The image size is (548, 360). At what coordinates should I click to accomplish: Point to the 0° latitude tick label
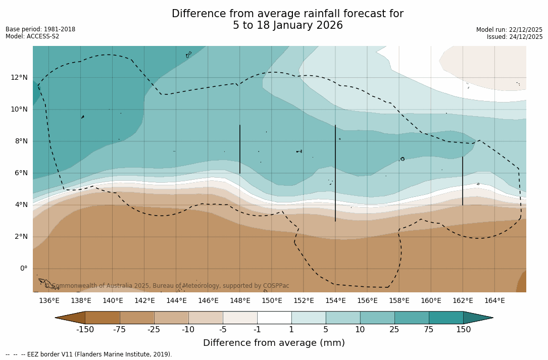23,268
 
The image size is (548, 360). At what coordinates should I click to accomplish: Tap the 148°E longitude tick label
240,300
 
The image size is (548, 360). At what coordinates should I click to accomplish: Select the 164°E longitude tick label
494,300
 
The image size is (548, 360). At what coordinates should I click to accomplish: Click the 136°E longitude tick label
49,300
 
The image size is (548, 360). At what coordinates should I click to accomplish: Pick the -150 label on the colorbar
85,330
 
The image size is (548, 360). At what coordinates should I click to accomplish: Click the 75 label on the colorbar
429,330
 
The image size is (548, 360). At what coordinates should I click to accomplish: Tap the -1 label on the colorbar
257,330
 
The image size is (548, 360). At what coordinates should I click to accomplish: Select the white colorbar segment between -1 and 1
274,318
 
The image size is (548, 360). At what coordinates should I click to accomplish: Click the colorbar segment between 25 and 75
412,318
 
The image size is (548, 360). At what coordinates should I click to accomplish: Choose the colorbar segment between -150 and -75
103,318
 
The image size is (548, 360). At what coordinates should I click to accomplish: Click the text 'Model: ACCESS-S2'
32,36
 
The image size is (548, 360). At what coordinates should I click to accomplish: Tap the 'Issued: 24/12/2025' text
515,37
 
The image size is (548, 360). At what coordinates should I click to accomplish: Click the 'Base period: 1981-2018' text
40,29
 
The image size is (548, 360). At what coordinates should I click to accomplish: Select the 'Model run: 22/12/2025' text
509,30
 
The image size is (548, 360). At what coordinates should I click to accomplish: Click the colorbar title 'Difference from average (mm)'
274,343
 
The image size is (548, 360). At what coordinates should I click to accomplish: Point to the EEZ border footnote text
89,354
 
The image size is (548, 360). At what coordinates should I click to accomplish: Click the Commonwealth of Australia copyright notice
167,286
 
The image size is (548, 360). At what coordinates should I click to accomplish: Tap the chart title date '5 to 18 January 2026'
287,25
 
